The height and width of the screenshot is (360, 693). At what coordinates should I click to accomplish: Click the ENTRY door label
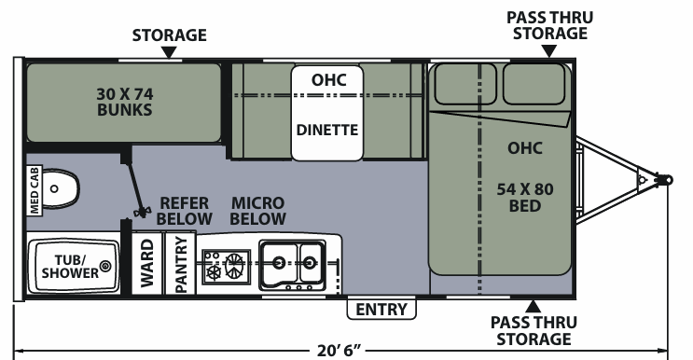381,310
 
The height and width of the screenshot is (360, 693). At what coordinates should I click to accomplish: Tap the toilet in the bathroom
61,188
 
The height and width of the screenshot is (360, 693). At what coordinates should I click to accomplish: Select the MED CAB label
34,191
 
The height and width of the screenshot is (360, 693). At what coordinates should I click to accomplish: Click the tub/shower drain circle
105,266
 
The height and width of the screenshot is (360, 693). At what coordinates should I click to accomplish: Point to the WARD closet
147,263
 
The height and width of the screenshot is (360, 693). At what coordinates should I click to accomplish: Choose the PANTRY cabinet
180,264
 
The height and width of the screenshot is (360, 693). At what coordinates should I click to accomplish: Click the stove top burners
227,266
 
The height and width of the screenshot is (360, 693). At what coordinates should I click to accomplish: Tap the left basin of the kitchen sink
279,262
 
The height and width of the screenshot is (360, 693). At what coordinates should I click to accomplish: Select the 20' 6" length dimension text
339,351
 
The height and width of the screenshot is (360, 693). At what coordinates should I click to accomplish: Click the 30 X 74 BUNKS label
125,102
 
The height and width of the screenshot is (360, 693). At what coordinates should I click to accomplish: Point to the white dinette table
327,113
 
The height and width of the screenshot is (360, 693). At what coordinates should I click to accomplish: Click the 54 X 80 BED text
525,198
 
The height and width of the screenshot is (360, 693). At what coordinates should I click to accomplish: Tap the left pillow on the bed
465,84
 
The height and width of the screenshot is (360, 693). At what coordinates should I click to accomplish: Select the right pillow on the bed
534,84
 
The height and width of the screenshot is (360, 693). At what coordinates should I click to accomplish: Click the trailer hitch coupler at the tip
664,180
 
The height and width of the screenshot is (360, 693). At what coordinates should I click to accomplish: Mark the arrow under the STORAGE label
169,53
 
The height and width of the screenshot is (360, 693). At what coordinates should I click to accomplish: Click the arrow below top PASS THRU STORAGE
549,51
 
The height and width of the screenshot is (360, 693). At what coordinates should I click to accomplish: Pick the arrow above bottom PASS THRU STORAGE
533,306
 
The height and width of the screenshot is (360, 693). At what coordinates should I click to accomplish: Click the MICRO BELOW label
258,211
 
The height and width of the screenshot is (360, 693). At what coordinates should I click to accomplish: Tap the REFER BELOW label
185,211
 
